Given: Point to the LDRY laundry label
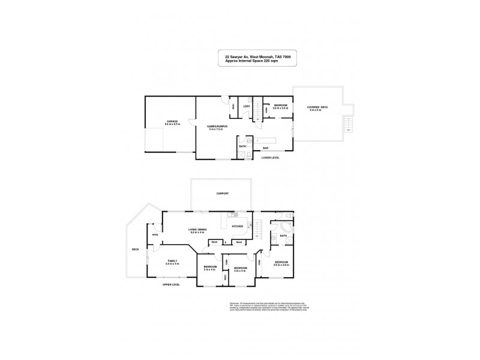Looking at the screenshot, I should pos(246,106).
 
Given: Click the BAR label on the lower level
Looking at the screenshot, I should pos(265,148).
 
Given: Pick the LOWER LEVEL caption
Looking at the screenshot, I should pos(271,158).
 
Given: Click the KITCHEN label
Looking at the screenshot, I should pos(237,226).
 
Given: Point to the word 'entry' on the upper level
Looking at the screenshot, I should pos(155,235).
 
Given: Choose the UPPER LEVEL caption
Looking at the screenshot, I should pos(171,284).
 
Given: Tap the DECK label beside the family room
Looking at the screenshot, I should pos(136,250).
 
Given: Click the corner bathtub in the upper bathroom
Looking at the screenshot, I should pos(282,227).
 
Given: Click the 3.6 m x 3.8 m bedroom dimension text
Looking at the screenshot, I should pos(281,265).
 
